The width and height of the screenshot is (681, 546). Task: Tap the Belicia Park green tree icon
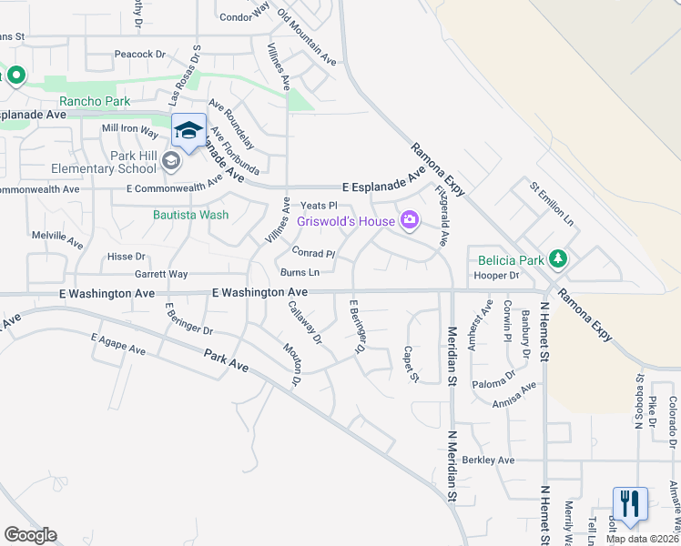557,260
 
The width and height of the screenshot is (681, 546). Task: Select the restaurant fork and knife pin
629,504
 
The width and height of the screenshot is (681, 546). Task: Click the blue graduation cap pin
188,131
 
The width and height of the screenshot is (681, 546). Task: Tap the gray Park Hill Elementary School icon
170,161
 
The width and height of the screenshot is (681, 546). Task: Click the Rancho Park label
94,101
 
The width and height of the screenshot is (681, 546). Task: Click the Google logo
30,535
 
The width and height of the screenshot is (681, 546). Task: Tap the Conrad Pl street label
313,253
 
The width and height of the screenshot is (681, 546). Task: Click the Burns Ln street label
300,272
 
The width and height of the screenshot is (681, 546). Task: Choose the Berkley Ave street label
488,460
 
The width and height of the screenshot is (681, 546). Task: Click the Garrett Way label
161,274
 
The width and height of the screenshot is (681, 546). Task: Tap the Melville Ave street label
57,239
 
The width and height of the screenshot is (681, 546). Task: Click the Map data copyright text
643,539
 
